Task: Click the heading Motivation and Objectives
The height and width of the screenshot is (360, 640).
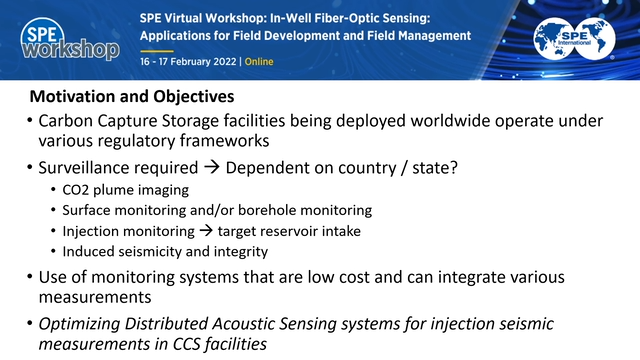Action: (x=132, y=98)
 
